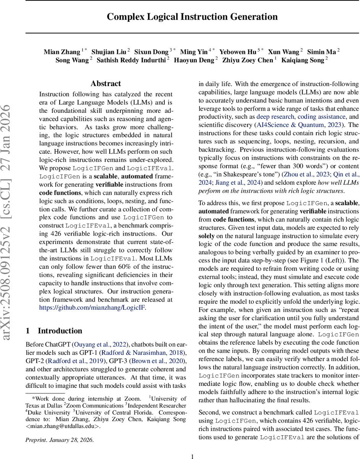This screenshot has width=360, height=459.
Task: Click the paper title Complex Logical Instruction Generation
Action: (192, 17)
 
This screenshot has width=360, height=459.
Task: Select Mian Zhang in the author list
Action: (62, 52)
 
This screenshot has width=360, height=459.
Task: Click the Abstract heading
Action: (106, 84)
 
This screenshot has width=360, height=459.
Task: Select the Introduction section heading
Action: (60, 331)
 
